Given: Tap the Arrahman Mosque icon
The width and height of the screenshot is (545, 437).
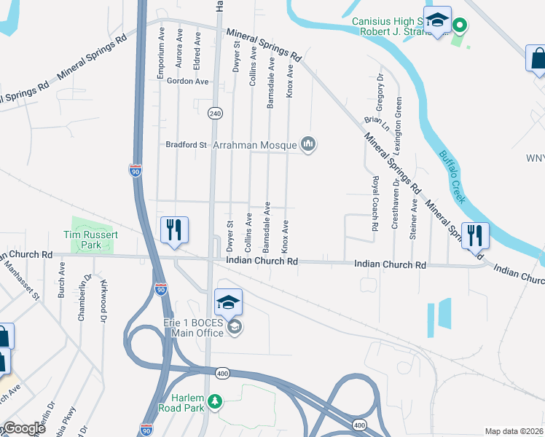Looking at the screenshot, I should (309, 144).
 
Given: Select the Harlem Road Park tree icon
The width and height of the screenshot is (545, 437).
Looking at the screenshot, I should (214, 401).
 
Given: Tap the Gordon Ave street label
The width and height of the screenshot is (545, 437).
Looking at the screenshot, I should (187, 82).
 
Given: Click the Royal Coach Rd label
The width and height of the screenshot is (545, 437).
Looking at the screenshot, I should (375, 203).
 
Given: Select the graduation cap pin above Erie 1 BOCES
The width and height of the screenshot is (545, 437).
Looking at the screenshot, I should (228, 302).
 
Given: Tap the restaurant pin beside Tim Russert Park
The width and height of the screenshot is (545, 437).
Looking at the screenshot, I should (175, 229).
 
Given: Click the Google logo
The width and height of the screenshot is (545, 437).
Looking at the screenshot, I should (23, 428).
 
